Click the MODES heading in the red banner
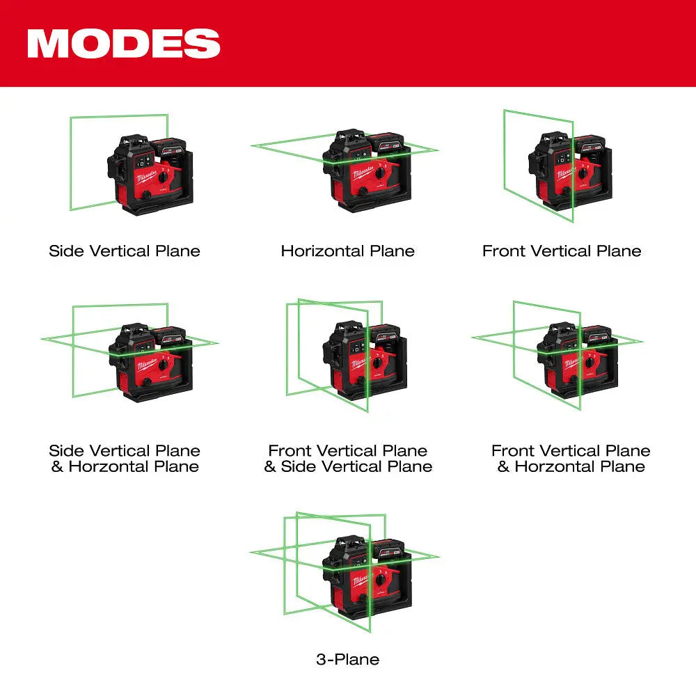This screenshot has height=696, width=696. tap(124, 43)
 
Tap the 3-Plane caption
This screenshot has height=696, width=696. tap(348, 658)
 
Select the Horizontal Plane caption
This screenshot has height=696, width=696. tap(348, 251)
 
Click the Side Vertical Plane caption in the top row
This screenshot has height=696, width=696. tap(125, 251)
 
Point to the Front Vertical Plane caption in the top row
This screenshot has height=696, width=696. tap(562, 251)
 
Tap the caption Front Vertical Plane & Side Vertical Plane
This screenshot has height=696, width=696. tap(348, 459)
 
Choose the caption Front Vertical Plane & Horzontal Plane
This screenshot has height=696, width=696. tap(571, 459)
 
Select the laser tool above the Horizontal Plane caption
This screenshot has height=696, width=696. tap(362, 171)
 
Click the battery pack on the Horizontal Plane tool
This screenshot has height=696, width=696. tap(387, 144)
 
